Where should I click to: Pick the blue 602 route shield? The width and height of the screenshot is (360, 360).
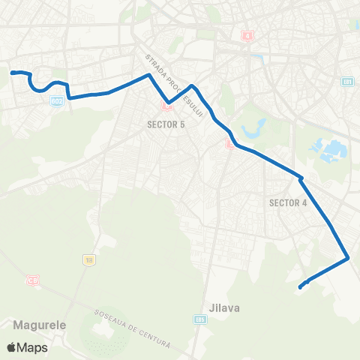tap(56, 102)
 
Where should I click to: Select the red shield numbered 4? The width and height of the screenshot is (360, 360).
tap(247, 35)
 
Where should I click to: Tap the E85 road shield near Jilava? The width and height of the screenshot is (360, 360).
tap(199, 319)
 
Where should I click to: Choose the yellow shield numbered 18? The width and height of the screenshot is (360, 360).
tap(89, 259)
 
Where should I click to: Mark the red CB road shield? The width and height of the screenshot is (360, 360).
tap(32, 280)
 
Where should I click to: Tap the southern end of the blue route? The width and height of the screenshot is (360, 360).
tap(300, 286)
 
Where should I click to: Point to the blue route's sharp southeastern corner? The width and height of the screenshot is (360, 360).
tap(348, 259)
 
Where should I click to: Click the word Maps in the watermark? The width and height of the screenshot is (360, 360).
tap(33, 348)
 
